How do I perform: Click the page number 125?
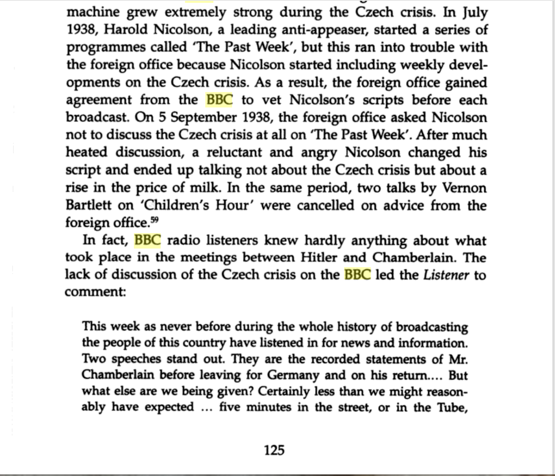(274, 450)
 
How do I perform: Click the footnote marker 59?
(155, 220)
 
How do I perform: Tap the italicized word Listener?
(446, 275)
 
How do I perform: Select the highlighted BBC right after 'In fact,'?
(147, 240)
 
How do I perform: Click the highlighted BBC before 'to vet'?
(219, 100)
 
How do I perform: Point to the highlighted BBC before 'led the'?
(357, 274)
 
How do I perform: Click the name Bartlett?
(88, 205)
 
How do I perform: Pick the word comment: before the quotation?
(95, 292)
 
